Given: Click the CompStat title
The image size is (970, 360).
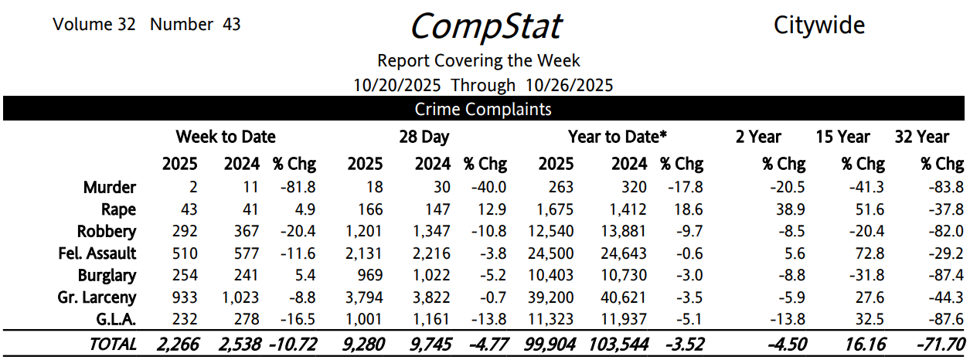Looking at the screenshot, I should click(485, 25).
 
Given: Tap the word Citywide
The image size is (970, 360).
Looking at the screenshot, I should click(819, 25).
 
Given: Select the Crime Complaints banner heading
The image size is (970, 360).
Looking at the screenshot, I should click(483, 109).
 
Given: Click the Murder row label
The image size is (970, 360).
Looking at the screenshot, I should click(110, 187).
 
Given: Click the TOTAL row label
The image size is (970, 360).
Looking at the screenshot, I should click(113, 345).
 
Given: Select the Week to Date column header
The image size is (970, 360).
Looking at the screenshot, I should click(226, 137).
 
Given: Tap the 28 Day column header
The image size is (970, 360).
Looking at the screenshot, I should click(424, 137).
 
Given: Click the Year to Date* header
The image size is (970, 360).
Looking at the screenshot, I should click(617, 137).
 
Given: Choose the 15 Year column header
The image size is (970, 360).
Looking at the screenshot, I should click(842, 137).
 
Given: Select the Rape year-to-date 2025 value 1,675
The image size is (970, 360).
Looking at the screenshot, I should click(554, 209).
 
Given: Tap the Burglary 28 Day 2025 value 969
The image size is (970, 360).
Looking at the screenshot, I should click(367, 276).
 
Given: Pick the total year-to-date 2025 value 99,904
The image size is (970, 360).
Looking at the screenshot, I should click(553, 345).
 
